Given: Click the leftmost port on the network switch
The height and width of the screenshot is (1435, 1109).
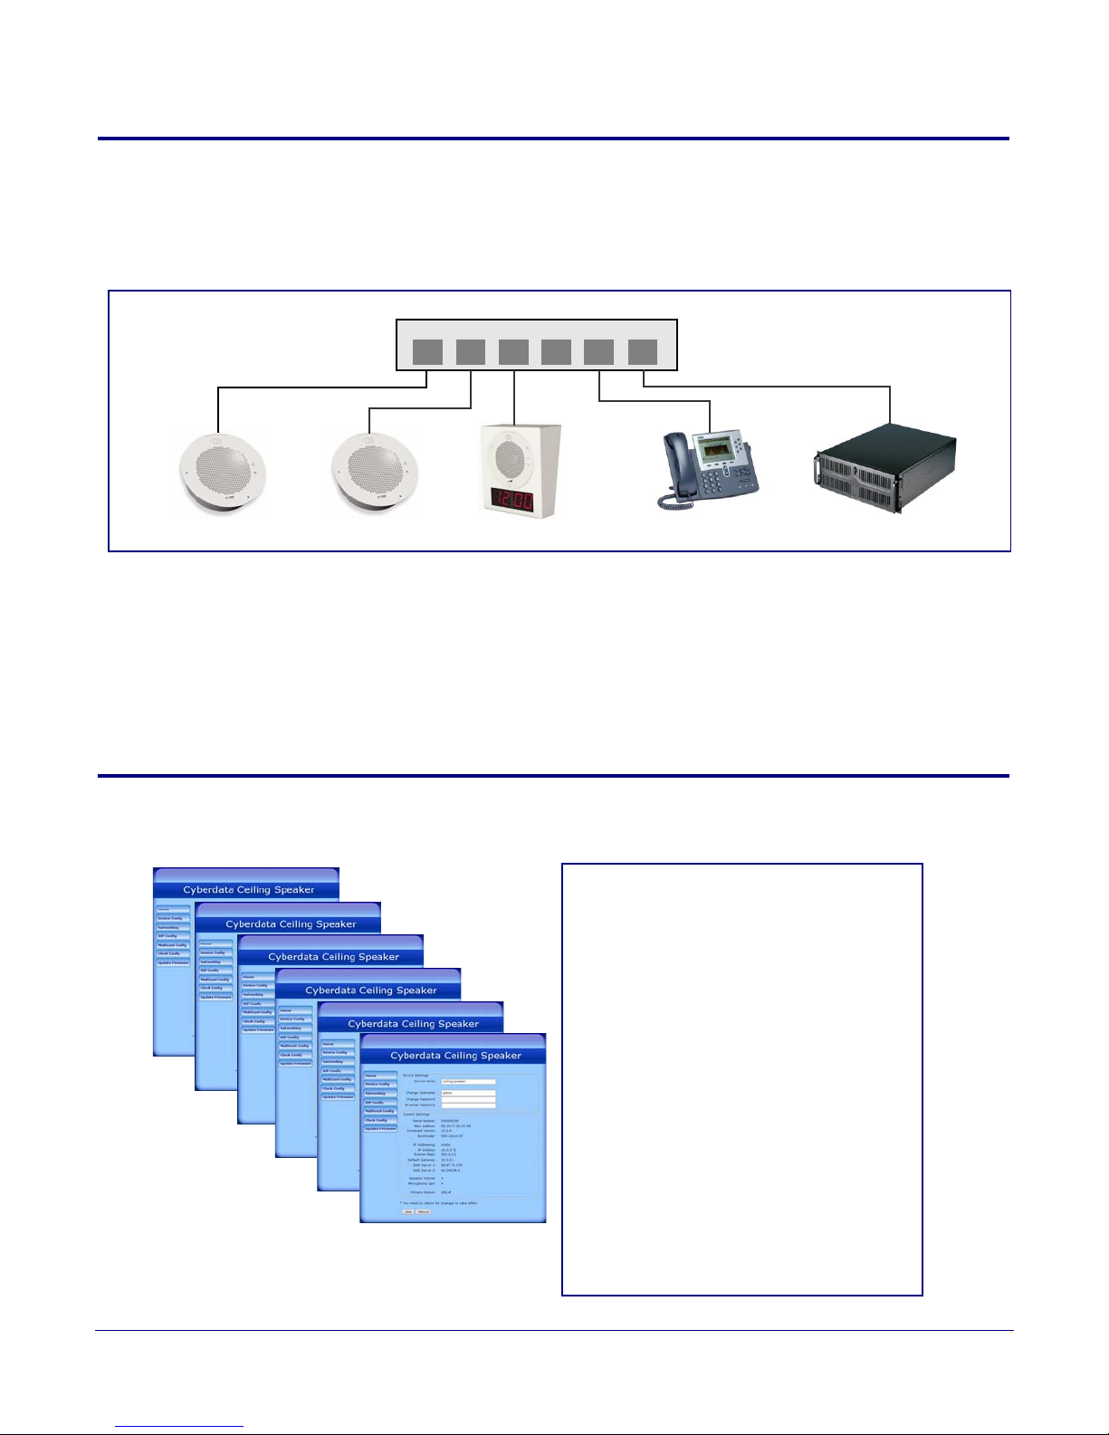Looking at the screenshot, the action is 427,352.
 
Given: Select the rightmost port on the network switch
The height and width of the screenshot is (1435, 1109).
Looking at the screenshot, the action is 642,352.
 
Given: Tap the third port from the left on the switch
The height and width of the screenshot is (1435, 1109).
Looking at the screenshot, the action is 513,352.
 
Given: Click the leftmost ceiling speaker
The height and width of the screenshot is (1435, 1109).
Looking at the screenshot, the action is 222,475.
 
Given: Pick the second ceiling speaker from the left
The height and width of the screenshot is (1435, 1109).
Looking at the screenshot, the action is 375,475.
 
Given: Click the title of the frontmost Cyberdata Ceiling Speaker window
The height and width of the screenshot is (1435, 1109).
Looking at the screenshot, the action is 455,1056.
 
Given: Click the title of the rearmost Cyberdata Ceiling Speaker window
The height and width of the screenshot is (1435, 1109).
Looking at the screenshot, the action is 248,890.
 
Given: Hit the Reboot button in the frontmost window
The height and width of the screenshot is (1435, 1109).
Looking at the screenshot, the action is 424,1211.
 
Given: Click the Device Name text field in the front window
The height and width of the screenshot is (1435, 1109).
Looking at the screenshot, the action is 468,1081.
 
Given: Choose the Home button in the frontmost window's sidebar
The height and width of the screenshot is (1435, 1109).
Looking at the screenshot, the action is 380,1076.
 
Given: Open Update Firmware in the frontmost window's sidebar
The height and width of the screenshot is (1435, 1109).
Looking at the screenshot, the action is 380,1129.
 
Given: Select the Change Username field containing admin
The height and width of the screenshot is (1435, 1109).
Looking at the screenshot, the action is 468,1093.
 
